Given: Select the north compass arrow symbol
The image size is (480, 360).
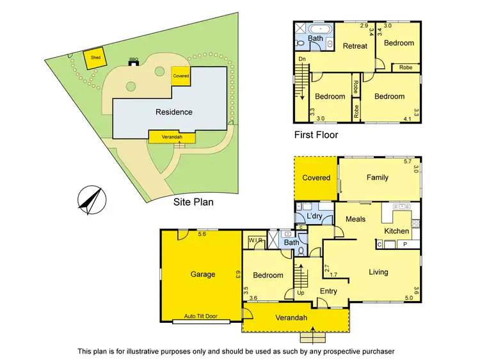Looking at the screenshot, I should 90,199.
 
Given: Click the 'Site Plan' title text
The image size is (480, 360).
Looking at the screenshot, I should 193,201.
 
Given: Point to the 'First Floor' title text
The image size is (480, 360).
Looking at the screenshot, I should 316,135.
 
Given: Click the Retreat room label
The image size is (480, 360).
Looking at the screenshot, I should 355,46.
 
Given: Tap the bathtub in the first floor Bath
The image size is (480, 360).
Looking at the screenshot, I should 317,29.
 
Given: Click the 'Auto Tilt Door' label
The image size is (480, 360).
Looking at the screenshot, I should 199,316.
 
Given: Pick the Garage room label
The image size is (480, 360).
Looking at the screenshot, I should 203,274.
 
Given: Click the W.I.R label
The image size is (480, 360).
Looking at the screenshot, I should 255,240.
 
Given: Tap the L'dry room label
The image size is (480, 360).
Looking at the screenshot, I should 314,217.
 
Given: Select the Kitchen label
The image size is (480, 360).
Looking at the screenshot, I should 396,231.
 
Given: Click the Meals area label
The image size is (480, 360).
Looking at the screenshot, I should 355,220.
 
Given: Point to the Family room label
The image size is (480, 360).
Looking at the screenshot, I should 378,177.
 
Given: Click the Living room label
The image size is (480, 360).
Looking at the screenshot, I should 378,272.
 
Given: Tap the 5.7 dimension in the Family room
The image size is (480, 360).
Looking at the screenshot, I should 407,161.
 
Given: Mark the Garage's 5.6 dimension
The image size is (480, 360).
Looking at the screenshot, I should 202,234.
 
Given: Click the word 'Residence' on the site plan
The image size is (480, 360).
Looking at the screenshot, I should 174,112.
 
